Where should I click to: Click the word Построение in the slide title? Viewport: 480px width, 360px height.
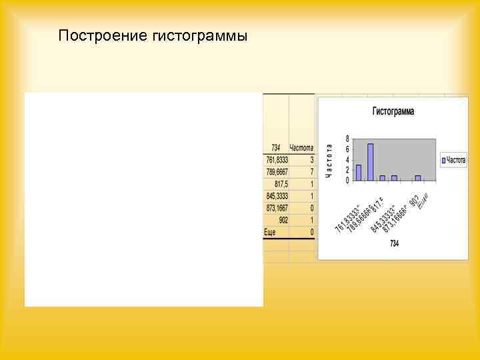coord(97,35)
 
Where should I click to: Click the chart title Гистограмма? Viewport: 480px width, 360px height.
coord(393,111)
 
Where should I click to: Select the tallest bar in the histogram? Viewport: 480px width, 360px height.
coord(370,162)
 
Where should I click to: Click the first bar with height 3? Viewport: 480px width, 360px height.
coord(359,173)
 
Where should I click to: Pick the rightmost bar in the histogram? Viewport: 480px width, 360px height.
coord(418,177)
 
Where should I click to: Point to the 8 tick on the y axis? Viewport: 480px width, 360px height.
coord(347,139)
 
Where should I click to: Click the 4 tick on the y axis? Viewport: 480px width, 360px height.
coord(347,160)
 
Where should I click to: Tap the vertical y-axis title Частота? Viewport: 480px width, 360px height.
coord(329,160)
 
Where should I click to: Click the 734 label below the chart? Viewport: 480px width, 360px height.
coord(394,244)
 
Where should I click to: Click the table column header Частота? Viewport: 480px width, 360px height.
coord(301,147)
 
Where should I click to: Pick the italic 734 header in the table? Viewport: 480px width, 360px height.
coord(276,147)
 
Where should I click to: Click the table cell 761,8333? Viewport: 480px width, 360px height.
coord(277,160)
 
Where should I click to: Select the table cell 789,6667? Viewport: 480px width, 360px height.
coord(277,172)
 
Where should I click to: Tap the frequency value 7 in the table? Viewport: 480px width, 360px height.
coord(311,172)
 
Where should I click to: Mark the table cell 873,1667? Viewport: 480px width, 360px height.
coord(277,208)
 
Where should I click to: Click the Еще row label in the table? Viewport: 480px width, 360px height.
coord(270,232)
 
